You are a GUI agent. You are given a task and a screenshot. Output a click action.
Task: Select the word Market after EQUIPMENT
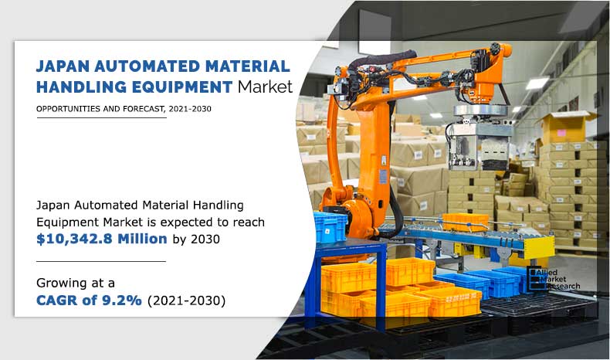click(265, 87)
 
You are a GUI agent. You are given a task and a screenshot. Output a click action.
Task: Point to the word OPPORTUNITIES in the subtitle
click(68, 109)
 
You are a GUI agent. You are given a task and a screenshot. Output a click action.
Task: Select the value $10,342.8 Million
click(102, 239)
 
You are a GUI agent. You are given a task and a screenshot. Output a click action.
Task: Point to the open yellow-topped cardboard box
click(564, 127)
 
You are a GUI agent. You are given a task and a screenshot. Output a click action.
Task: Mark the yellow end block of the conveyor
click(541, 247)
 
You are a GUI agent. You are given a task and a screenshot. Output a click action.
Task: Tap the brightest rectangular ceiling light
click(537, 83)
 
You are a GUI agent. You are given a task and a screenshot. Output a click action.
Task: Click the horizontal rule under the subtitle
click(101, 117)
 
